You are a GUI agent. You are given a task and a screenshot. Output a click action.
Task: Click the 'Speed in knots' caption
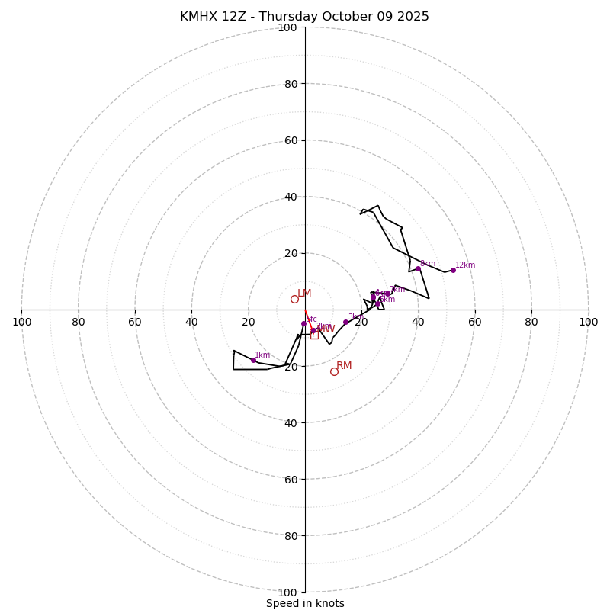click(x=305, y=603)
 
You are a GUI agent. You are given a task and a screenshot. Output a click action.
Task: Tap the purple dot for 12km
click(x=453, y=270)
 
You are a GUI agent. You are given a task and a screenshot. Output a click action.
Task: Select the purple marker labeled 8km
click(x=418, y=268)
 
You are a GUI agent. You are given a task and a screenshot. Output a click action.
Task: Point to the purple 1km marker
click(x=254, y=360)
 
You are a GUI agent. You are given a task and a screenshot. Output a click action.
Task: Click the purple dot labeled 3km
click(x=345, y=322)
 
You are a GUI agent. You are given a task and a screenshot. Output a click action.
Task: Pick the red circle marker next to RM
click(x=334, y=371)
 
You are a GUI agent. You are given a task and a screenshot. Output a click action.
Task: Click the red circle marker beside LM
click(x=294, y=299)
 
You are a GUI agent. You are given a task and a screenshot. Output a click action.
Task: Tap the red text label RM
click(x=344, y=366)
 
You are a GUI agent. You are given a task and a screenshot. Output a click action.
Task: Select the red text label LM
click(x=304, y=294)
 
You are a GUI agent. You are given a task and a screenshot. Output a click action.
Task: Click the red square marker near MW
click(x=314, y=335)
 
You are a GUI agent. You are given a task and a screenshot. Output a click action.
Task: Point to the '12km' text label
click(x=465, y=265)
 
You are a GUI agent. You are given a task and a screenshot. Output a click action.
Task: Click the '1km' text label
click(x=262, y=355)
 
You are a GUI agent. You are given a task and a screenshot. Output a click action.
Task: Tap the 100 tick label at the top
click(x=287, y=27)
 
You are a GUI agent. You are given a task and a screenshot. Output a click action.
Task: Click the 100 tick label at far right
click(x=588, y=322)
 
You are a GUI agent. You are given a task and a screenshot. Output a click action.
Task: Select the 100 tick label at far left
click(x=22, y=322)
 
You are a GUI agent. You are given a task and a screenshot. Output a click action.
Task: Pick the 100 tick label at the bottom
click(x=287, y=592)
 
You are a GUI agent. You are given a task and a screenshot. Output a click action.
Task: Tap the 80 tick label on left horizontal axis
click(x=79, y=322)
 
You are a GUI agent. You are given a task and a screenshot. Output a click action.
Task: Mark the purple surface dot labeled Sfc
click(x=303, y=323)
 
